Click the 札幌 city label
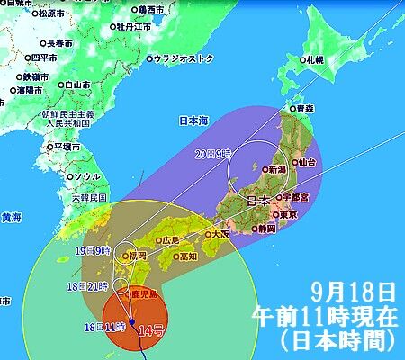[313, 59]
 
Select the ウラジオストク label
[184, 58]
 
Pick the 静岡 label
[266, 229]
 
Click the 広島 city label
[171, 240]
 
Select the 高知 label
[187, 256]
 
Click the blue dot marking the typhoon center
[132, 321]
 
